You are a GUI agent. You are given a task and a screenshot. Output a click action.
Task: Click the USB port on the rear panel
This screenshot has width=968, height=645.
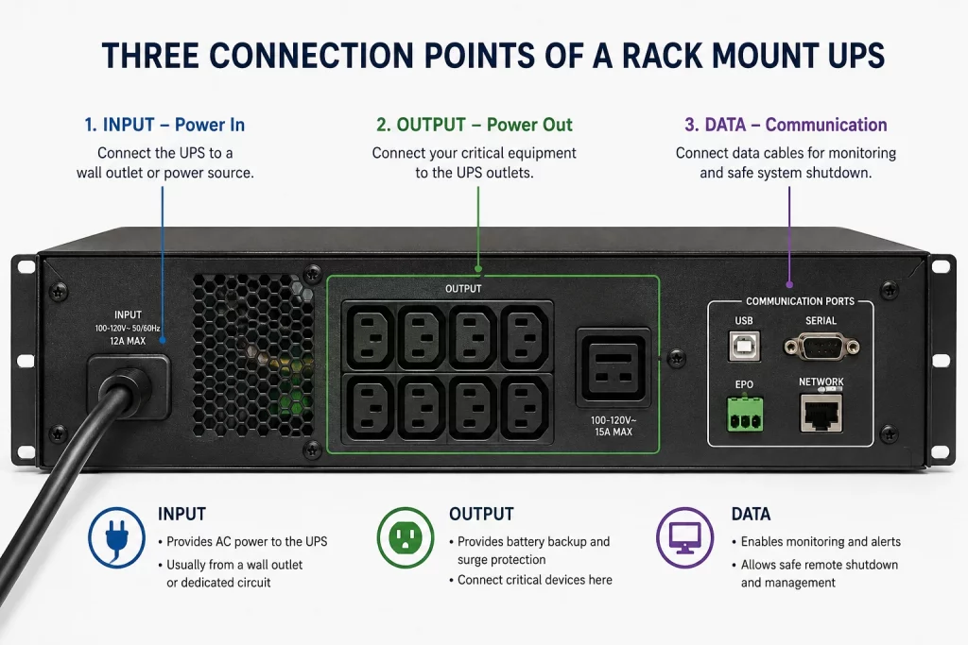[x=744, y=346]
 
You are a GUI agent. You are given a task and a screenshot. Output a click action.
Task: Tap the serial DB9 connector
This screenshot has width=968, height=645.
[x=821, y=347]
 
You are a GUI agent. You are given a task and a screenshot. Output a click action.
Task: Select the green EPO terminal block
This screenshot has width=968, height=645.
[x=745, y=414]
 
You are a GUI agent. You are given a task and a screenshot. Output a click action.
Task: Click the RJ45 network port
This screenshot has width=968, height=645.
[x=821, y=412]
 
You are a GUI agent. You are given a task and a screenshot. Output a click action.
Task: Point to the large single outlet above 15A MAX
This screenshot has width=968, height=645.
[x=613, y=367]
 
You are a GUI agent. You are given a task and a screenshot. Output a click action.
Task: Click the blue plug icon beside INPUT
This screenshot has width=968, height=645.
[x=116, y=537]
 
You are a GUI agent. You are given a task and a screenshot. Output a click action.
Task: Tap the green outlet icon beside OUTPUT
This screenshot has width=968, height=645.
[x=406, y=537]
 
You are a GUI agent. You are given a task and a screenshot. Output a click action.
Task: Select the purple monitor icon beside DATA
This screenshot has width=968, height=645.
[x=684, y=537]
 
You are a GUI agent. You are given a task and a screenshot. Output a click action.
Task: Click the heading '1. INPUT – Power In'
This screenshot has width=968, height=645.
[x=164, y=125]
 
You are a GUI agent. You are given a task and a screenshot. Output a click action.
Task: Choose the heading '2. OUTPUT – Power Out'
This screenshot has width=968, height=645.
[x=475, y=125]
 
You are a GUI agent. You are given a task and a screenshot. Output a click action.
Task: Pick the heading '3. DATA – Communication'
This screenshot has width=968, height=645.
[x=786, y=125]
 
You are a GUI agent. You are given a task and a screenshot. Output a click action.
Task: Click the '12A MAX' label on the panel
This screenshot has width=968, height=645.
[x=128, y=341]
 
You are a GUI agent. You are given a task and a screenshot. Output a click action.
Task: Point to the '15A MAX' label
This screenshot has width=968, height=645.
[x=613, y=432]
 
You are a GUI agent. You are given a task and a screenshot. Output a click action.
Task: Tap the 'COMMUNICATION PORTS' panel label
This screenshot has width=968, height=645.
[x=800, y=301]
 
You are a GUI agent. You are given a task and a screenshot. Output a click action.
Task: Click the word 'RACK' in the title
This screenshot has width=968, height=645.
[x=661, y=56]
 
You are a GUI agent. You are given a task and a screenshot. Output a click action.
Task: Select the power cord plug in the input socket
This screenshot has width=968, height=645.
[x=128, y=387]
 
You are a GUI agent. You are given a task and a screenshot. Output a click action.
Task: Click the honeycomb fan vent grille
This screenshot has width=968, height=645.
[x=253, y=356]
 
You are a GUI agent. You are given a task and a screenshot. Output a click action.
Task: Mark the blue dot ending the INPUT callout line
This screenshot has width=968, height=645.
[x=163, y=340]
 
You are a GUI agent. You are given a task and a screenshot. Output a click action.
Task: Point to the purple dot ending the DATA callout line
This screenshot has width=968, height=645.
[x=789, y=284]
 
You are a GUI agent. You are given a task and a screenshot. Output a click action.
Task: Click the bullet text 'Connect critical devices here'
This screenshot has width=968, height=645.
[x=535, y=580]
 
